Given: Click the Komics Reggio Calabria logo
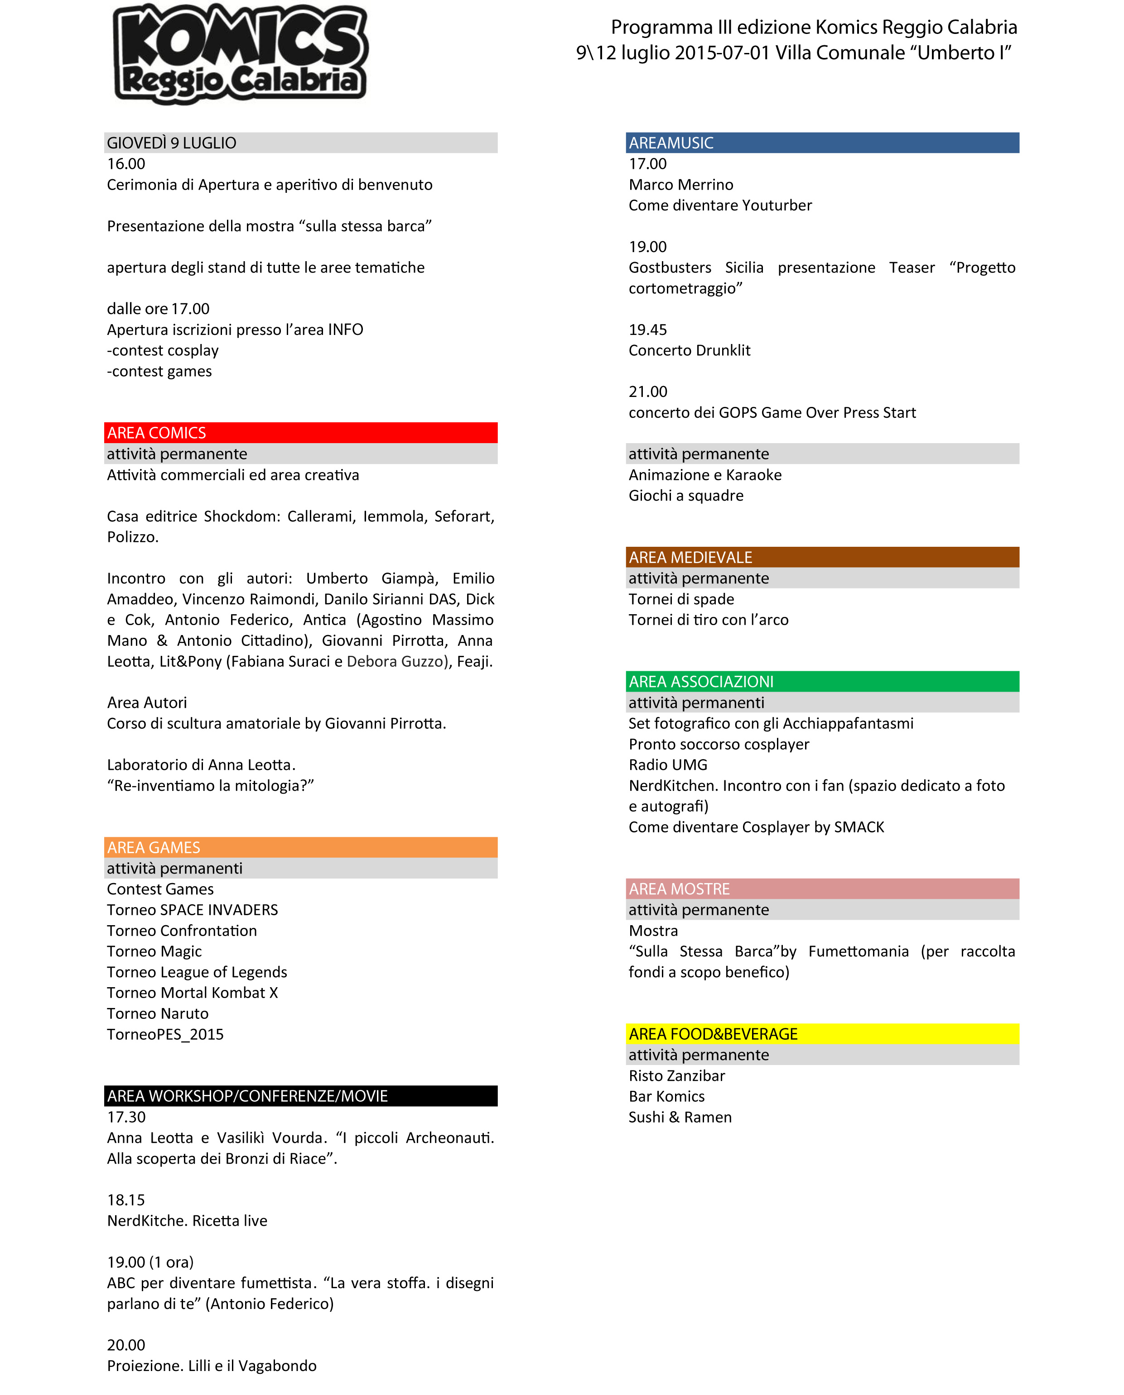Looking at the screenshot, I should click(x=240, y=53).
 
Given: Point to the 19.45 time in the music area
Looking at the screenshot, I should click(x=647, y=330).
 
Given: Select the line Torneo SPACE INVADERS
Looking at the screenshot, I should click(x=192, y=910).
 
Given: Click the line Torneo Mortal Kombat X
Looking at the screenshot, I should click(x=192, y=993).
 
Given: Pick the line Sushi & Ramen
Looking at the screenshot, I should click(x=680, y=1118).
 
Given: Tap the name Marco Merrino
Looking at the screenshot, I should click(x=681, y=185).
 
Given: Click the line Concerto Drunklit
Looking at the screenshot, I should click(x=690, y=351).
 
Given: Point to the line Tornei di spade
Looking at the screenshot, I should click(x=681, y=599).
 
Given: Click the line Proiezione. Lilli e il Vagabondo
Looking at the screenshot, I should click(x=212, y=1366).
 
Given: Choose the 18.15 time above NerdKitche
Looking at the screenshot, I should click(x=126, y=1200).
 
